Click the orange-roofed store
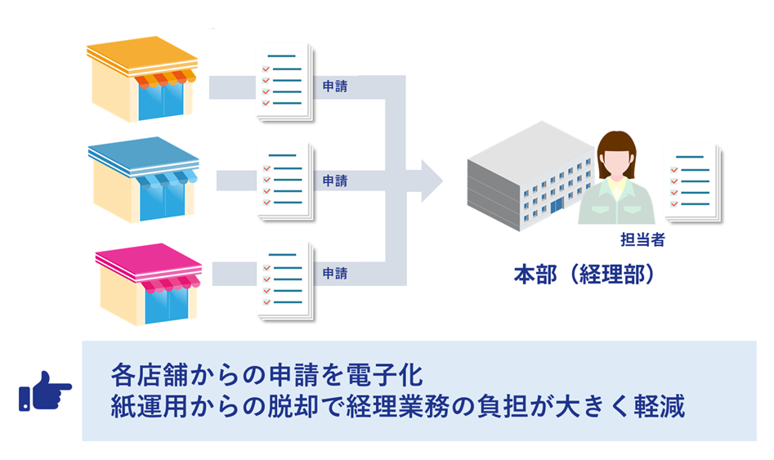(142, 79)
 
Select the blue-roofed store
(144, 180)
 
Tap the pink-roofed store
(148, 284)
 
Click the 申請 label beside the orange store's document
(334, 87)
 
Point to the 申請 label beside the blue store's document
(334, 181)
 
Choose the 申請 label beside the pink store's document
(334, 273)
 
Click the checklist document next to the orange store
(284, 83)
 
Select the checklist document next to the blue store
(285, 181)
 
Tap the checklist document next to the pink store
(285, 281)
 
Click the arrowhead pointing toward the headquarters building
(432, 181)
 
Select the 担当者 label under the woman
(642, 240)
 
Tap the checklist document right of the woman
(693, 183)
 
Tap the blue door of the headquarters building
(557, 205)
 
